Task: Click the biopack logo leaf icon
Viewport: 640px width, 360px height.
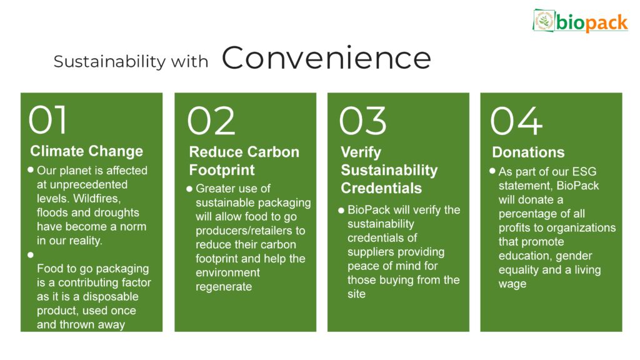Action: coord(544,21)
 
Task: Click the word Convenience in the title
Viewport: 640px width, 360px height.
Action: coord(326,58)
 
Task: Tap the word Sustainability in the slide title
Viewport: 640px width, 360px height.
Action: coord(110,62)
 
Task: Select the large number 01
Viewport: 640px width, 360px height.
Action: coord(47,119)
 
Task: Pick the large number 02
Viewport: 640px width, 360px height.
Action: coord(211,121)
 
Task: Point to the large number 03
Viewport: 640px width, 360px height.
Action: coord(362,121)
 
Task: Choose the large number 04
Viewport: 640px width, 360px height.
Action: coord(516,121)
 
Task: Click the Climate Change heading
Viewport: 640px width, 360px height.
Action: coord(86,151)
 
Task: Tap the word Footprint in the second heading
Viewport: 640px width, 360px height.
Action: coord(222,170)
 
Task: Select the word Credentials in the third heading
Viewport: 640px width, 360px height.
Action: coord(381,188)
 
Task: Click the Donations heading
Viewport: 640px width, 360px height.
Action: coord(528,152)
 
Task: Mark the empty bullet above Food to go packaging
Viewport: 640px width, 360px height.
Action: coord(31,255)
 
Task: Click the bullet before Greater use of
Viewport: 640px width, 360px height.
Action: coord(189,189)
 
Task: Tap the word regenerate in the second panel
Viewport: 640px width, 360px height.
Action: coord(224,287)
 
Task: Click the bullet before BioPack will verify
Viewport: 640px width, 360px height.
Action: coord(341,211)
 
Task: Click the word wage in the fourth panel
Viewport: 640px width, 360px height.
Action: coord(512,284)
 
